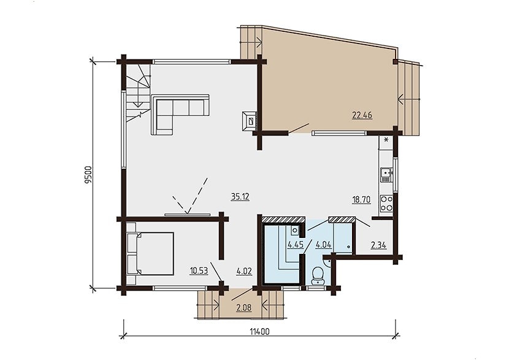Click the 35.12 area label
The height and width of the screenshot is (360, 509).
pos(240,196)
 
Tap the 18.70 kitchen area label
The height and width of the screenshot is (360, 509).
pos(361,199)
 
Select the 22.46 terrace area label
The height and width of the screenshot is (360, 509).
pos(362,115)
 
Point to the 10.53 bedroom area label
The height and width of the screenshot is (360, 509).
pos(199,270)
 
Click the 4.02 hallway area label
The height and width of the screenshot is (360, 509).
pos(244,270)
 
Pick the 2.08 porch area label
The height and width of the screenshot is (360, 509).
pos(244,307)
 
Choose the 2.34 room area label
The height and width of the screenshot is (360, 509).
pos(378,245)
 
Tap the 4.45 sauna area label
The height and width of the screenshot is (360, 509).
pos(296,245)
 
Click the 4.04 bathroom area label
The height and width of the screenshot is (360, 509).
pos(324,245)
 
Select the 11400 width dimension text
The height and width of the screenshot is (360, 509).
pos(259,331)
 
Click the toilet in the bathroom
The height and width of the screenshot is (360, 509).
pos(316,275)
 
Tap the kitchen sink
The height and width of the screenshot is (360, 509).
pos(386,175)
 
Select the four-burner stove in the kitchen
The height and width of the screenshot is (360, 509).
pos(386,204)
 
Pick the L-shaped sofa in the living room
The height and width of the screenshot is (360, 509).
pos(180,115)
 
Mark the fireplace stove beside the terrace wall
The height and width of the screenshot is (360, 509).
pos(250,121)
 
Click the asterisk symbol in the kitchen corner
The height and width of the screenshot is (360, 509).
pos(386,140)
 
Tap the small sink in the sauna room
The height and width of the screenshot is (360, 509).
pos(295,230)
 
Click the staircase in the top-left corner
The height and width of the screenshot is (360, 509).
pos(138,93)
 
